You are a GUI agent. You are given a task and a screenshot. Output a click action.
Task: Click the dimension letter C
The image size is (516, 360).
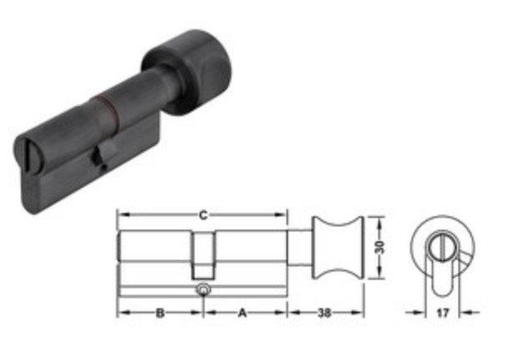(204, 215)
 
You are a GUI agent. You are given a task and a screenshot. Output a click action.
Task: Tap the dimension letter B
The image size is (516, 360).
(160, 312)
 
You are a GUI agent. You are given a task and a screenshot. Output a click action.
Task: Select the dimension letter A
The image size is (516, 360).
(242, 312)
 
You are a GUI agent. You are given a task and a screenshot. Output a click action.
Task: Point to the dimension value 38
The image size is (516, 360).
(324, 312)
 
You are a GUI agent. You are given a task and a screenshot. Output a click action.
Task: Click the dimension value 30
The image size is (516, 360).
(379, 246)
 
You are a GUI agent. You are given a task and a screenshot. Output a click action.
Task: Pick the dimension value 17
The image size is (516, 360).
(443, 312)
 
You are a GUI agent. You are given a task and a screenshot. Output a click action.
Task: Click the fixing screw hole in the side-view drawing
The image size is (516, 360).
(204, 290)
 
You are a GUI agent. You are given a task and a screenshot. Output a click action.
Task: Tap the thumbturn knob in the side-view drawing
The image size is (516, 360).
(337, 247)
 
